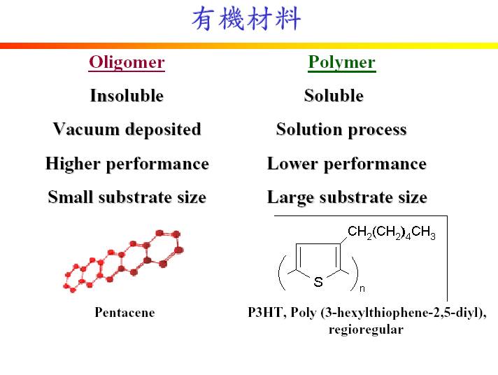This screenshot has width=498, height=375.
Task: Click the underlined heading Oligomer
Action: point(127,62)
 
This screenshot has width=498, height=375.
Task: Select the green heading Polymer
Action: point(341,62)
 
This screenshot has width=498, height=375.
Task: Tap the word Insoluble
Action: point(127,96)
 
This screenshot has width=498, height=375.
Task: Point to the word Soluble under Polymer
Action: point(334,96)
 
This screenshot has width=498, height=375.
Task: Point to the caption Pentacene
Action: point(124,313)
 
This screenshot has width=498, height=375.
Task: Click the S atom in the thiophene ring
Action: point(318,282)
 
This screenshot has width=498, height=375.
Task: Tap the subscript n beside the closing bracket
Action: point(362,287)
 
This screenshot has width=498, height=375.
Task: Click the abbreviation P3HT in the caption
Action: point(264,313)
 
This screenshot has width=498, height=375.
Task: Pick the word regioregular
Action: point(366,330)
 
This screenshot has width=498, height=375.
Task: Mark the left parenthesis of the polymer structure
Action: point(282,273)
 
